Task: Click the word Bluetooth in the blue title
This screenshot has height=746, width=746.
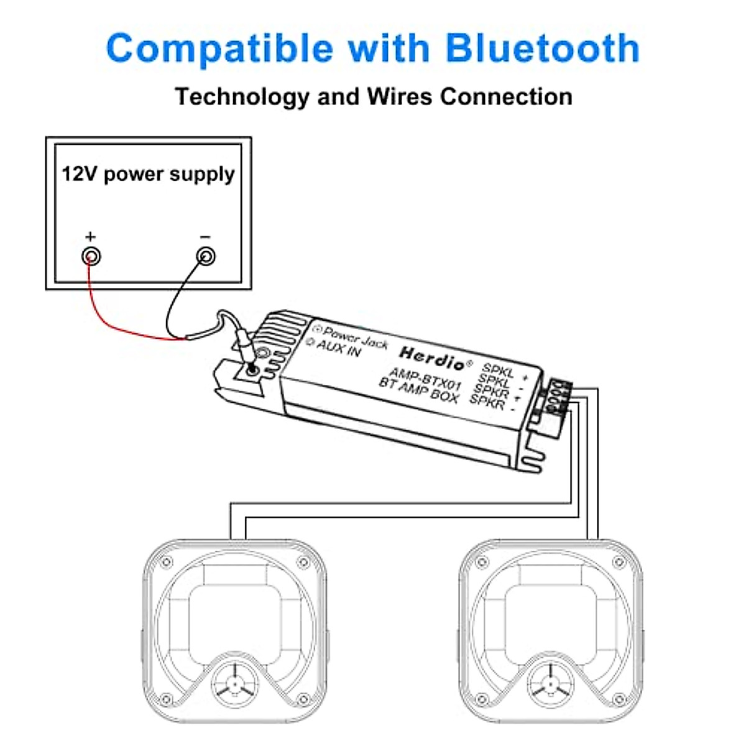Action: (542, 48)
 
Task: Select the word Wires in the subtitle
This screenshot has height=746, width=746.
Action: (400, 97)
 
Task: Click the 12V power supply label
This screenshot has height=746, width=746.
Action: (148, 173)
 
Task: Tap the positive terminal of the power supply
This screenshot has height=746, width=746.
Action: (91, 256)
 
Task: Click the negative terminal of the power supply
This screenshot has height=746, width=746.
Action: (206, 256)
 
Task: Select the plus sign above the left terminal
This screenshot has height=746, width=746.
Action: (91, 237)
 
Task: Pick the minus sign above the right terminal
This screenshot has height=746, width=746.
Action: (206, 237)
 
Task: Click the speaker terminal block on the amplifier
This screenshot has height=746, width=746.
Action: (557, 398)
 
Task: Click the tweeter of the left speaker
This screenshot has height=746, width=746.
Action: (234, 684)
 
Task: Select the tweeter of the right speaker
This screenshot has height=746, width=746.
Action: (550, 684)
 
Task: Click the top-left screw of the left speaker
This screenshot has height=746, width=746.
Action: (167, 563)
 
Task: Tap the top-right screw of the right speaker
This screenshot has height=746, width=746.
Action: (619, 563)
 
